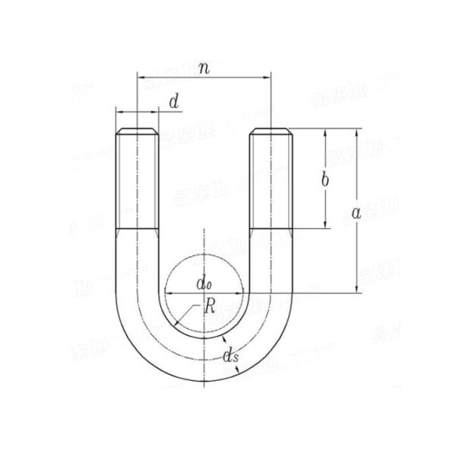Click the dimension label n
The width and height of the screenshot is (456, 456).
coord(204,68)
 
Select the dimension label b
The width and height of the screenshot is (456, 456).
coord(325,180)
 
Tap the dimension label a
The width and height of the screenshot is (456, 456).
coord(356,214)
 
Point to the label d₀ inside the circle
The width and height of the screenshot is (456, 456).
coord(203,284)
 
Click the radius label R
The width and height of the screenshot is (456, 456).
coord(211,307)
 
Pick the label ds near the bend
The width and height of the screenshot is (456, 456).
coord(229,354)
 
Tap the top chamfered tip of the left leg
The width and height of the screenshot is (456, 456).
coord(138,130)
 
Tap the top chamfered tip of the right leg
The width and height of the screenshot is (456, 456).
coord(271,130)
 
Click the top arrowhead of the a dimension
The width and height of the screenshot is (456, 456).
coord(356,131)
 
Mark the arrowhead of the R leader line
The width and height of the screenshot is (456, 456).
coord(176,325)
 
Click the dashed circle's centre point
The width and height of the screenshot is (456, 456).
coord(204,291)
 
